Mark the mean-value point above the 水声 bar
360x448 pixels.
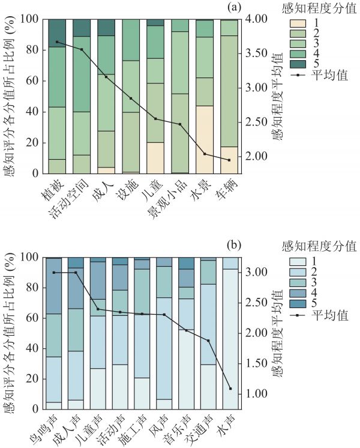230,389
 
